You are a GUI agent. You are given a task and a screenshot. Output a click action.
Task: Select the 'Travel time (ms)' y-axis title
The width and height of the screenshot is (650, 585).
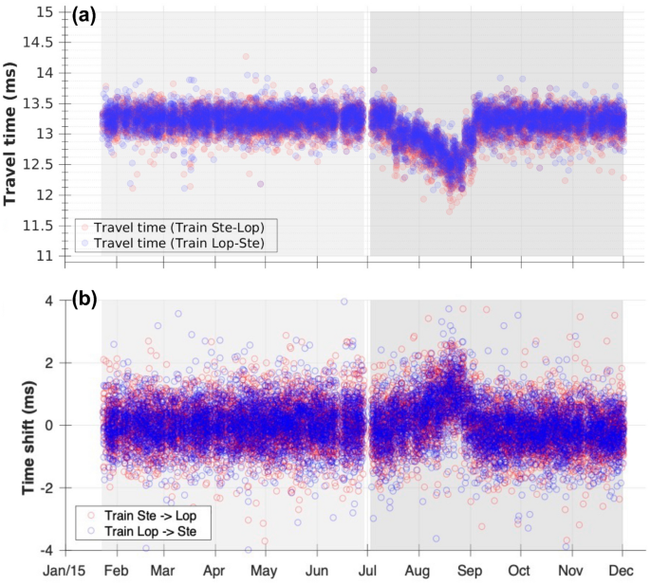pyautogui.click(x=13, y=134)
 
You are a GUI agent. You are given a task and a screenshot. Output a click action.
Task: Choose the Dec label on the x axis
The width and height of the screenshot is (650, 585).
pyautogui.click(x=622, y=573)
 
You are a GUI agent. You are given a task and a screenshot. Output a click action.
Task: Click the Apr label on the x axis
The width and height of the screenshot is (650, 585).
pyautogui.click(x=214, y=573)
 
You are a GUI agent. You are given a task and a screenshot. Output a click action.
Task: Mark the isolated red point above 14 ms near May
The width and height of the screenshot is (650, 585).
pyautogui.click(x=246, y=57)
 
